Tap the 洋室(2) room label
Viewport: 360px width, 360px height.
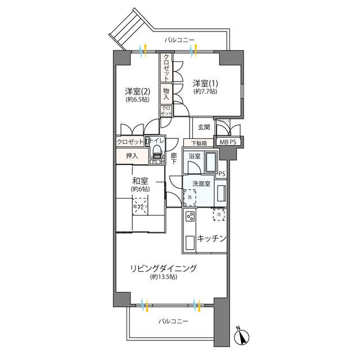[137, 91]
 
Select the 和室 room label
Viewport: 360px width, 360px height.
[140, 181]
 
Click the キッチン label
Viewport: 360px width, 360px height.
[211, 238]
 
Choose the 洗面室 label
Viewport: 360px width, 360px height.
[201, 183]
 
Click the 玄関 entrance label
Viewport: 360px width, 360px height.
[204, 127]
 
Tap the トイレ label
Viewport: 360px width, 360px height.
[157, 142]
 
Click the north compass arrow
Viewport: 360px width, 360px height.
[242, 337]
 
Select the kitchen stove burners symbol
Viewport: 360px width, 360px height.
[191, 216]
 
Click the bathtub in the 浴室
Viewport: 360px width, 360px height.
[211, 164]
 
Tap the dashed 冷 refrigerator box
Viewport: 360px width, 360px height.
[219, 214]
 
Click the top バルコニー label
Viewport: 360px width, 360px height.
[179, 40]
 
